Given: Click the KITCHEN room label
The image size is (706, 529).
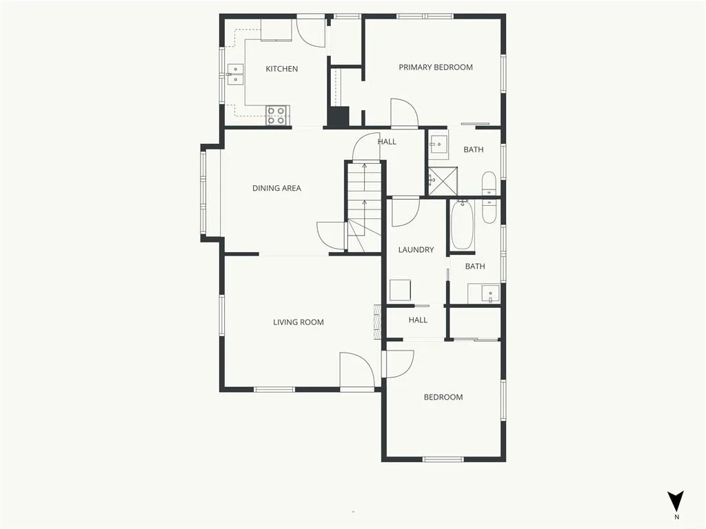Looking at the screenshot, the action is (x=282, y=69).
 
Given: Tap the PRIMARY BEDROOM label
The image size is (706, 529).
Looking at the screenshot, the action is (x=436, y=68).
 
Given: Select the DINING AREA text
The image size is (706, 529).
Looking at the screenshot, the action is (x=276, y=188).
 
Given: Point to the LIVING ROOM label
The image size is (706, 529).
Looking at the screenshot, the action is (x=299, y=322).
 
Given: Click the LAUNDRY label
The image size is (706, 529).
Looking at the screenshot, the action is (x=416, y=249).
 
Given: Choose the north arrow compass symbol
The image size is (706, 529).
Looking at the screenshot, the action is (x=676, y=501).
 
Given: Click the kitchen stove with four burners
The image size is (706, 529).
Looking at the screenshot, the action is (x=277, y=115).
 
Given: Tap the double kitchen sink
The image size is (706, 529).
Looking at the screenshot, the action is (x=236, y=74).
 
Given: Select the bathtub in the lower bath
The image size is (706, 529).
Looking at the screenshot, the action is (x=462, y=225).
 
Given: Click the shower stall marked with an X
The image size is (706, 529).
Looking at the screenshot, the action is (x=443, y=181).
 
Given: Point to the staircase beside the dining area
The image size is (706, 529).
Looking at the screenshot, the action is (x=363, y=207).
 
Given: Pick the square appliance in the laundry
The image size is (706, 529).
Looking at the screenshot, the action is (x=400, y=290).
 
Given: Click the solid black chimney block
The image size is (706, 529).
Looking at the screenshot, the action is (x=338, y=117).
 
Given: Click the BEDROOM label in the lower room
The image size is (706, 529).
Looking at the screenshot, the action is (x=443, y=397).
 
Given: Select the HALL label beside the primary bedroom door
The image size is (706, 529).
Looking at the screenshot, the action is (x=387, y=142).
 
